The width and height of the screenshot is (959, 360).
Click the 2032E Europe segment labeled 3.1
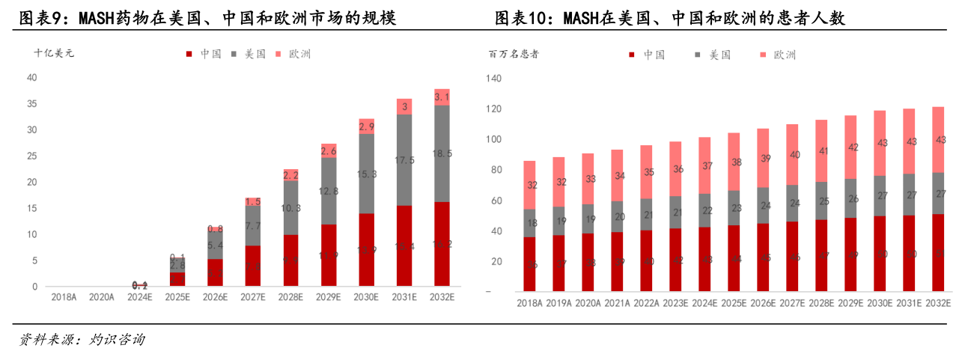tap(442, 97)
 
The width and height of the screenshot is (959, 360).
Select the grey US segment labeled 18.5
tap(442, 153)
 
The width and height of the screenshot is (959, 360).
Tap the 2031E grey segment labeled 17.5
tap(404, 160)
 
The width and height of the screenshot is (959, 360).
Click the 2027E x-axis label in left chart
tap(252, 297)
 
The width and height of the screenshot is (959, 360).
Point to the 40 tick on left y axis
tap(31, 77)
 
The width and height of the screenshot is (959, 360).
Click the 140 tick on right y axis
tap(493, 79)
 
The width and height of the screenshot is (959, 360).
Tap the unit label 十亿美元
tap(55, 53)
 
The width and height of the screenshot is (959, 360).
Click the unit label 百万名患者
tap(514, 54)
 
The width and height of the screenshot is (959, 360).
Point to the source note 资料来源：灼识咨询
tap(82, 341)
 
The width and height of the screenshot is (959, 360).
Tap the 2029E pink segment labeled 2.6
tap(329, 150)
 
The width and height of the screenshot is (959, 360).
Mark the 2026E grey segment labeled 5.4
tap(215, 245)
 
